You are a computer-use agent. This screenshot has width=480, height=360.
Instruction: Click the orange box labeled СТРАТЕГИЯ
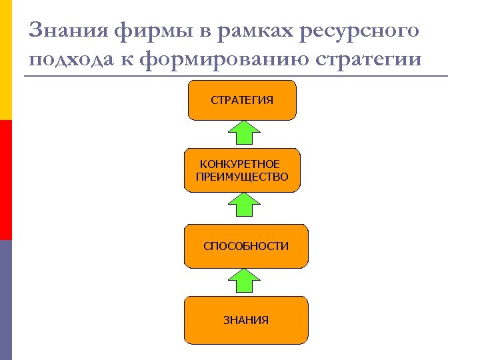[242, 100]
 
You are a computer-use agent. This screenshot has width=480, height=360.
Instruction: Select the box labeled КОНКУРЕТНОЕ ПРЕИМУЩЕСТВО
[242, 170]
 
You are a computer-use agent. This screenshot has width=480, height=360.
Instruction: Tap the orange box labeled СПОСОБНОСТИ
[245, 246]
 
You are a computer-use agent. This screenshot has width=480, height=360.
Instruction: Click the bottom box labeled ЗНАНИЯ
[245, 320]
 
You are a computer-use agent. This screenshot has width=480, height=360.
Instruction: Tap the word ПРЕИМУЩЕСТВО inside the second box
[243, 177]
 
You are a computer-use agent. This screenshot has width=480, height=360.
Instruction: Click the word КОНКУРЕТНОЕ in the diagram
[240, 164]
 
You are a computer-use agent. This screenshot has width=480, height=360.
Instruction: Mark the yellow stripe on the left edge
[5, 60]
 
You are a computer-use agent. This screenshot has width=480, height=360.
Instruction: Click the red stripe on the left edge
[5, 180]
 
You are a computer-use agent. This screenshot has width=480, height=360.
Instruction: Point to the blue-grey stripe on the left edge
[5, 300]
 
